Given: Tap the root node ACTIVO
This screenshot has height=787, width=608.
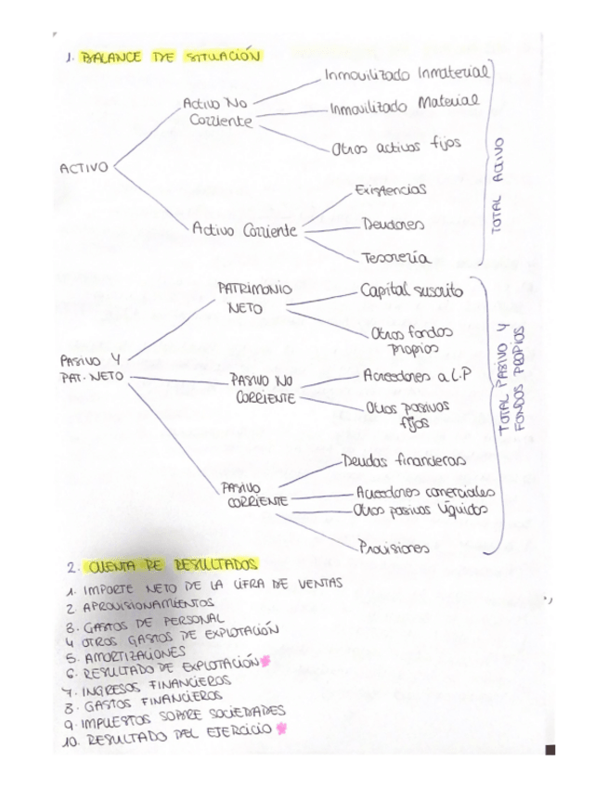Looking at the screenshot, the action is [84, 168].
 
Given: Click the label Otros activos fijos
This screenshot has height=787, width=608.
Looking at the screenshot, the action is [395, 145].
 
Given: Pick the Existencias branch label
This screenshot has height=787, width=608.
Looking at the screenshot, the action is [391, 189].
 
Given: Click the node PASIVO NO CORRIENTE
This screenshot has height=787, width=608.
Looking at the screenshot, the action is [261, 388].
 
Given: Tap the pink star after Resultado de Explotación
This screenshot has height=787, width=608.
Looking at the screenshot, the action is [265, 661].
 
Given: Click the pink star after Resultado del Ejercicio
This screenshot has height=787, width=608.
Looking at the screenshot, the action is [281, 729].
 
